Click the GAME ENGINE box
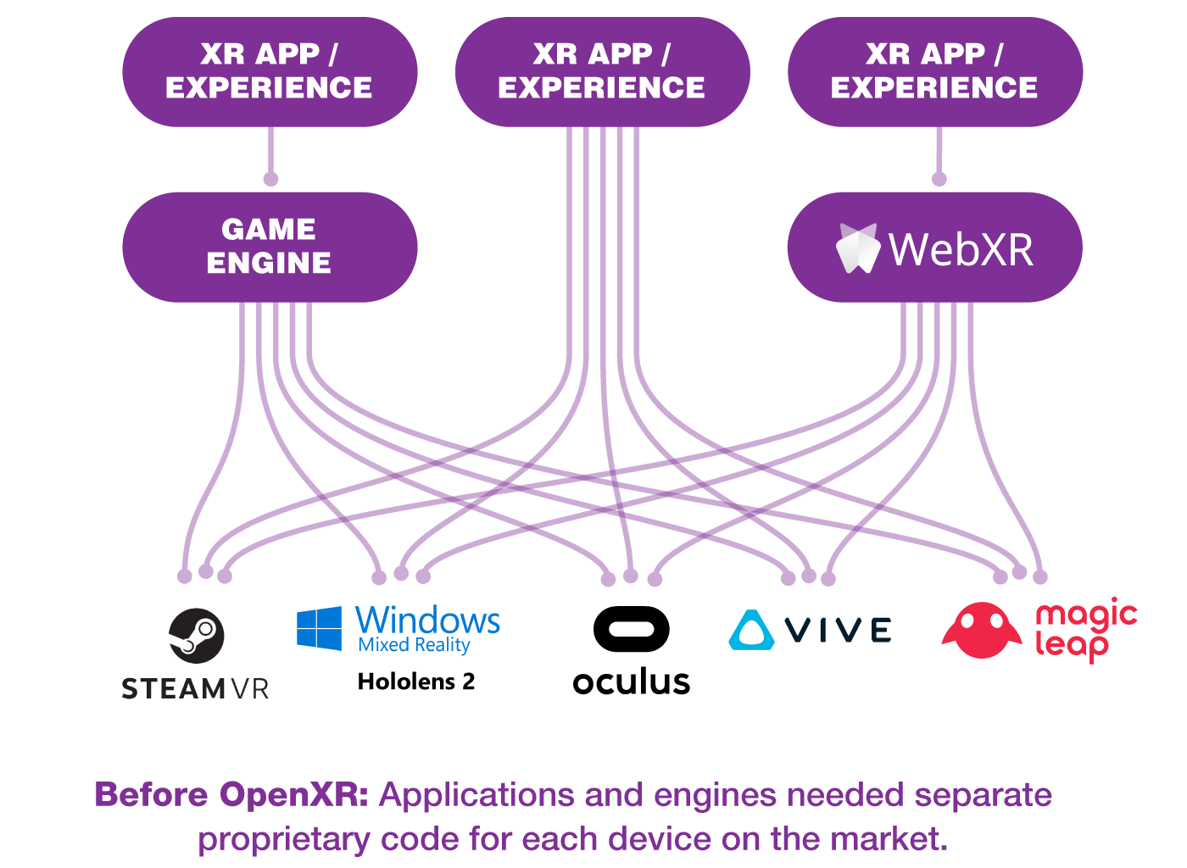click(x=270, y=247)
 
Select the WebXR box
click(x=934, y=247)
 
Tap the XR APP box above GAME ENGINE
click(x=270, y=71)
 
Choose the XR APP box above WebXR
click(x=934, y=71)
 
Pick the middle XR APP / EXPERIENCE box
click(x=602, y=71)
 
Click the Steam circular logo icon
click(x=197, y=636)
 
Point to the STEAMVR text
click(x=195, y=688)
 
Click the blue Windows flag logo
click(x=320, y=628)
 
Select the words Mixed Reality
click(x=414, y=645)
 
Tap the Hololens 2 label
click(x=416, y=682)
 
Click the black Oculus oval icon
click(x=631, y=629)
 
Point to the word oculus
click(x=631, y=682)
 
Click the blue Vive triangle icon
click(x=751, y=630)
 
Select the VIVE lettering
click(x=838, y=630)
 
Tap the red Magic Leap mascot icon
click(x=982, y=631)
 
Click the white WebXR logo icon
click(x=857, y=248)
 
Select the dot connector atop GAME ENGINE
click(x=270, y=179)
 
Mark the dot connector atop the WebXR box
click(x=939, y=179)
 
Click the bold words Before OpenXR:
click(x=231, y=795)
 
